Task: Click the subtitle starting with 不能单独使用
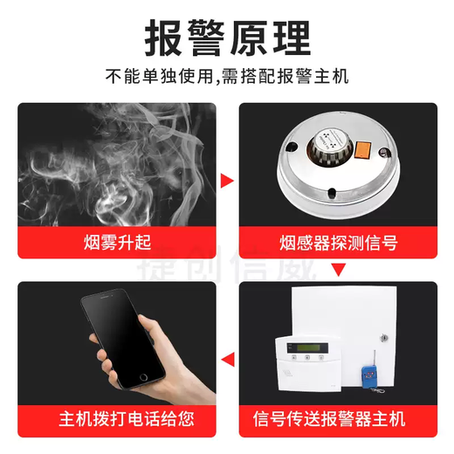coord(226,76)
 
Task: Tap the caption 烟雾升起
coord(117,240)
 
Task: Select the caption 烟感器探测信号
coord(338,240)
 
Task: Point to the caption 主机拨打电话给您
coord(117,418)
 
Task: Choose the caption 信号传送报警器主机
coord(338,418)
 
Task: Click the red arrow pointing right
coord(227,181)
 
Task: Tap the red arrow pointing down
coord(338,269)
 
